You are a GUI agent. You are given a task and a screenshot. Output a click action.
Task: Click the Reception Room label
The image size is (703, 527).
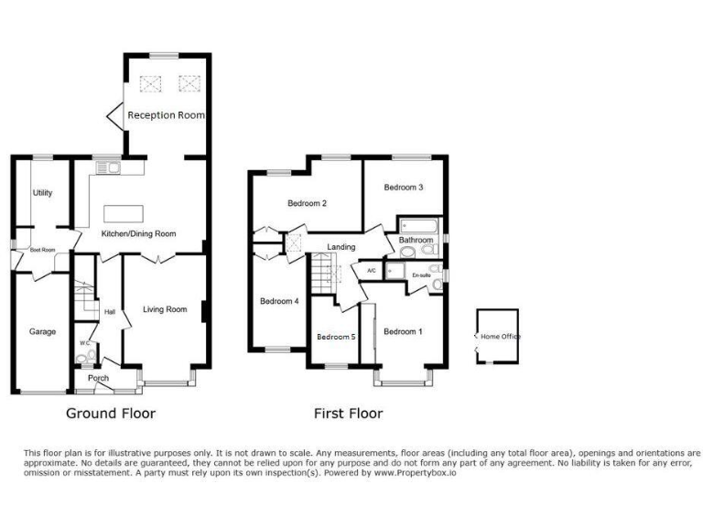point(166,115)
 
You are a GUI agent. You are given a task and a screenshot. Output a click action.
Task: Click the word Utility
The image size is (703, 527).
point(43,193)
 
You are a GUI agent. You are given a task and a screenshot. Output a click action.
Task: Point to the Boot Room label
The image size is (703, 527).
point(43,249)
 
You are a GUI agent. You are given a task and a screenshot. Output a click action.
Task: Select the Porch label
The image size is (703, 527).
point(98,378)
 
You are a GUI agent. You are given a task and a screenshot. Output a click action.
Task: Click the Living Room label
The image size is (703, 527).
point(165,309)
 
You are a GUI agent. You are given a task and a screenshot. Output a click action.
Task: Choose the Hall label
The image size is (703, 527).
point(110,312)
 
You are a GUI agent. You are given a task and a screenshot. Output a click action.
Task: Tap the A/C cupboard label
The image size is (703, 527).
point(372,271)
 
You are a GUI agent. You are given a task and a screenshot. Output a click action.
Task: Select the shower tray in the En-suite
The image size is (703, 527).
point(395,271)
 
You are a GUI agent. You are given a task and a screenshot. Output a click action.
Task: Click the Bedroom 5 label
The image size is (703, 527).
point(336,337)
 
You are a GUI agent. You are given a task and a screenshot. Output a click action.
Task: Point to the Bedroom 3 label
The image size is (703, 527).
point(403,188)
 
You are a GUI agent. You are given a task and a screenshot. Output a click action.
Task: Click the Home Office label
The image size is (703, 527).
point(501,337)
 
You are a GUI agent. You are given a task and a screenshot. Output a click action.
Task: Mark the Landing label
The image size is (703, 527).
point(341,247)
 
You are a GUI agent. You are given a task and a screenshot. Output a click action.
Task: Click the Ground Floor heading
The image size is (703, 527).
point(111,414)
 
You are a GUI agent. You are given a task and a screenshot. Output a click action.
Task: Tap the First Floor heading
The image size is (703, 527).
point(348,414)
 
